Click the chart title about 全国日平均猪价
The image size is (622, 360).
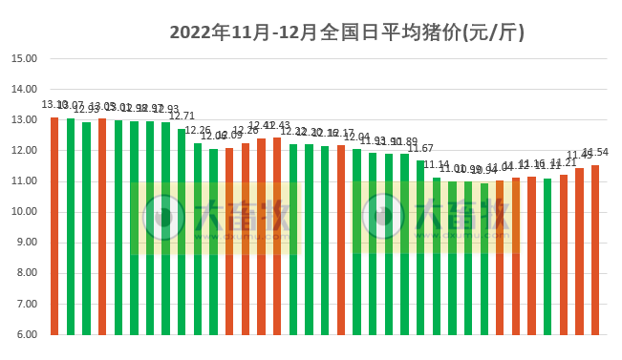point(348,32)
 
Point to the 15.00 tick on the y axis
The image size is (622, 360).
point(24,58)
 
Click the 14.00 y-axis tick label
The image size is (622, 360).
point(24,89)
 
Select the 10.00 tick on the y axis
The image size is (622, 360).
point(24,212)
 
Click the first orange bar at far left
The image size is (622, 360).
point(54,225)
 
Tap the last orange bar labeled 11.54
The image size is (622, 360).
point(595,249)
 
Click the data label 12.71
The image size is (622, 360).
point(182,116)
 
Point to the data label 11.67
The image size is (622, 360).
point(420,148)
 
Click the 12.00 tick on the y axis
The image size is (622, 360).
point(24,151)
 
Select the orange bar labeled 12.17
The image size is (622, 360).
point(341,240)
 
